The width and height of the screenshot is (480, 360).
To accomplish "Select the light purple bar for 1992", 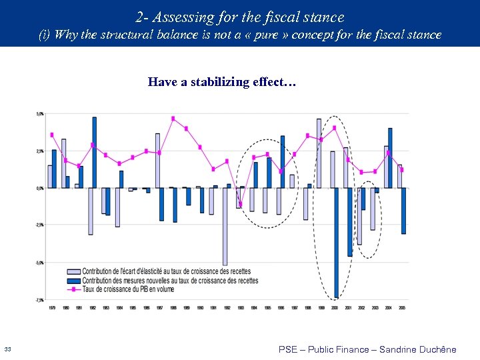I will tap(225, 226).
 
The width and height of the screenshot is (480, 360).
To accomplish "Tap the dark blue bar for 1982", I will tap(95, 153).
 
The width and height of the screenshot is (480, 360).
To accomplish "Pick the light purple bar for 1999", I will tap(319, 153).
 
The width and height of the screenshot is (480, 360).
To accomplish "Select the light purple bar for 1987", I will tap(158, 161).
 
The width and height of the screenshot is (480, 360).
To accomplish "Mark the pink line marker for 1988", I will tap(173, 119).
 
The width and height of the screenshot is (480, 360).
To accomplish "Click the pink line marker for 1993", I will tap(241, 204).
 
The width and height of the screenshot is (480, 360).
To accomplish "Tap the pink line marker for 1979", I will tap(52, 135).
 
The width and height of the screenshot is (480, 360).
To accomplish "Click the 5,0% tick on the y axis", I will tap(39, 114).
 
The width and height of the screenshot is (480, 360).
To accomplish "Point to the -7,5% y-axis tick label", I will tap(39, 300).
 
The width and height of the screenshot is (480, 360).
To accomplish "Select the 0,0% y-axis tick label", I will tap(39, 188).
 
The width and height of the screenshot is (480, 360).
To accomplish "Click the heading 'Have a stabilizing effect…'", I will tap(222, 83).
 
